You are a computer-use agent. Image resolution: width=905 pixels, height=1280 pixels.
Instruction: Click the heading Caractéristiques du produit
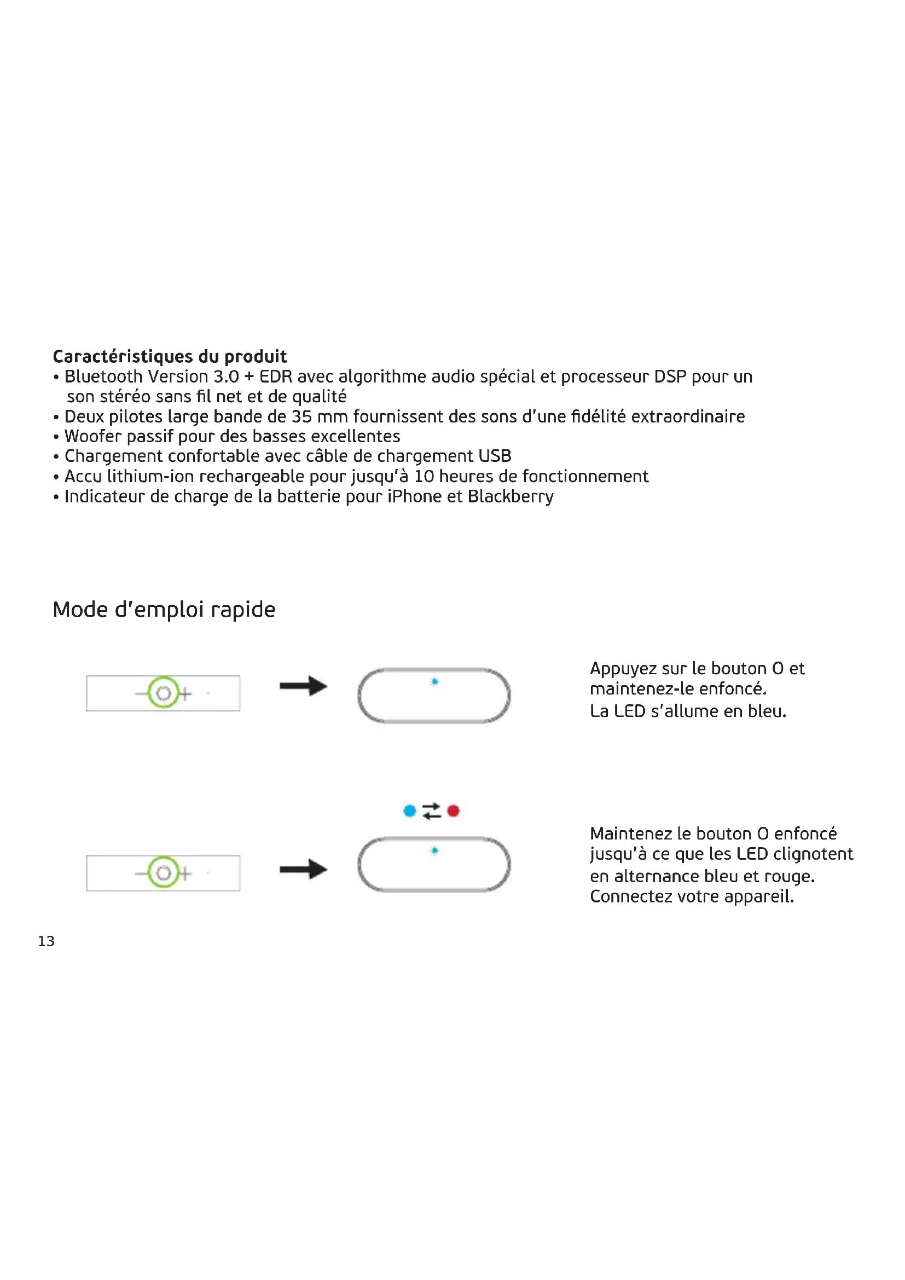coord(170,356)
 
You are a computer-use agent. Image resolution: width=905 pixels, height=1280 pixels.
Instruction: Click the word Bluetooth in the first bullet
coord(103,377)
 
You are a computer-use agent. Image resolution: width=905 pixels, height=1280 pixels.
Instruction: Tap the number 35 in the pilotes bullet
coord(301,416)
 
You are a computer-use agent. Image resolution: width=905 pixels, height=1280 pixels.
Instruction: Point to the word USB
coord(495,456)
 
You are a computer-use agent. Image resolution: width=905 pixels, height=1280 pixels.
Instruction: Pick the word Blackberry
coord(510,496)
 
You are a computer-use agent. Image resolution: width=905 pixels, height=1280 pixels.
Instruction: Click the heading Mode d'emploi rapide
coord(164,609)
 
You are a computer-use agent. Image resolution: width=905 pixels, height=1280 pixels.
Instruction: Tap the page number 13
coord(47,941)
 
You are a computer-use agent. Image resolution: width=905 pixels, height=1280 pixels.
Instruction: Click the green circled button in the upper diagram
coord(164,693)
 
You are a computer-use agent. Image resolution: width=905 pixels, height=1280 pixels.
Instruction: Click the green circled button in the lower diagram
coord(164,872)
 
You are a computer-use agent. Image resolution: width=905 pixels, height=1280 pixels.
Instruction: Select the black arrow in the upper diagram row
coord(303,686)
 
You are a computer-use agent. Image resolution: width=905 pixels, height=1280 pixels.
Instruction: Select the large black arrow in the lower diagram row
coord(303,869)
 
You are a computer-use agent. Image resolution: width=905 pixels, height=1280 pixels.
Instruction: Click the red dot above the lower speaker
coord(453,810)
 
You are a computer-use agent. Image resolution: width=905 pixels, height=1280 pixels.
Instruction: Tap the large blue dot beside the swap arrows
coord(410,810)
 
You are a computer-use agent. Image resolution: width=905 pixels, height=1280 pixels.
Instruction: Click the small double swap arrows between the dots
coord(431,810)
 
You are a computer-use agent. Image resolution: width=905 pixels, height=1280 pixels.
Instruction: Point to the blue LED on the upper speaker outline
coord(434,682)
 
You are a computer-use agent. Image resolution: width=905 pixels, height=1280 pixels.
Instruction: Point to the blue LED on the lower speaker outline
coord(434,851)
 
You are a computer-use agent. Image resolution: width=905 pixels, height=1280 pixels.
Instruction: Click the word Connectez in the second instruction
coord(631,896)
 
